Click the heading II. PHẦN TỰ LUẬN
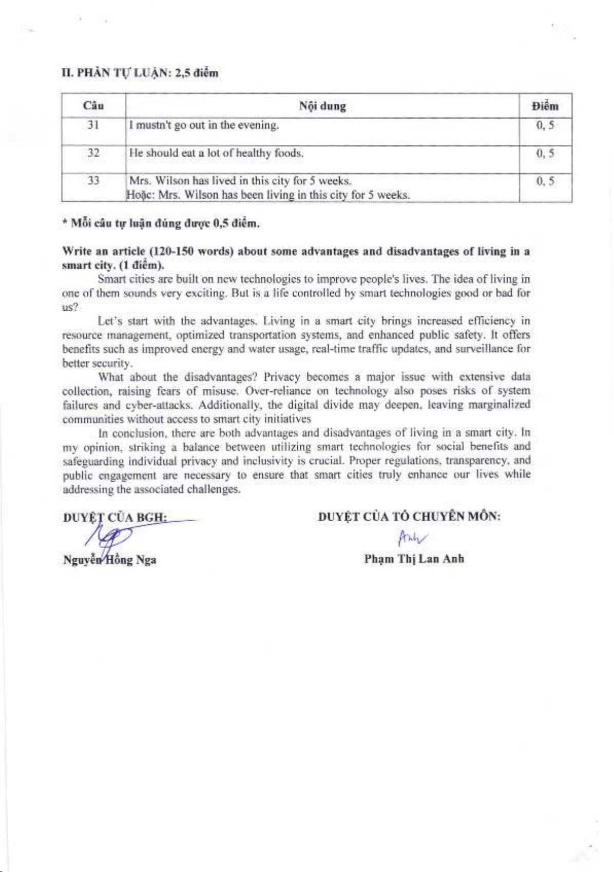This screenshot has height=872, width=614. click(140, 73)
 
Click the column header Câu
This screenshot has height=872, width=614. click(93, 106)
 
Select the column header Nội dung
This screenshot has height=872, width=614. click(322, 106)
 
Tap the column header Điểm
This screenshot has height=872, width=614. click(545, 106)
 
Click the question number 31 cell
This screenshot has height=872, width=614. click(93, 125)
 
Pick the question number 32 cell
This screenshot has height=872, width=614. click(93, 153)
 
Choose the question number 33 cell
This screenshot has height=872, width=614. click(93, 181)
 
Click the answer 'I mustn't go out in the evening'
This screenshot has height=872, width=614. click(204, 125)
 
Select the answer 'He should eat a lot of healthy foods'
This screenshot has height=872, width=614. click(216, 153)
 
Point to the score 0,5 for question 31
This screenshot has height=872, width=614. click(545, 125)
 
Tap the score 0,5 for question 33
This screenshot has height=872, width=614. click(545, 181)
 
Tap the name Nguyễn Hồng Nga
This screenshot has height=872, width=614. click(109, 560)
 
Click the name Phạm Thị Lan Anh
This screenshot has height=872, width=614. click(414, 559)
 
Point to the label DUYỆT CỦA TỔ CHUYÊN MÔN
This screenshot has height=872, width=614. click(409, 517)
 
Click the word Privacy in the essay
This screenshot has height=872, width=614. click(281, 377)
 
